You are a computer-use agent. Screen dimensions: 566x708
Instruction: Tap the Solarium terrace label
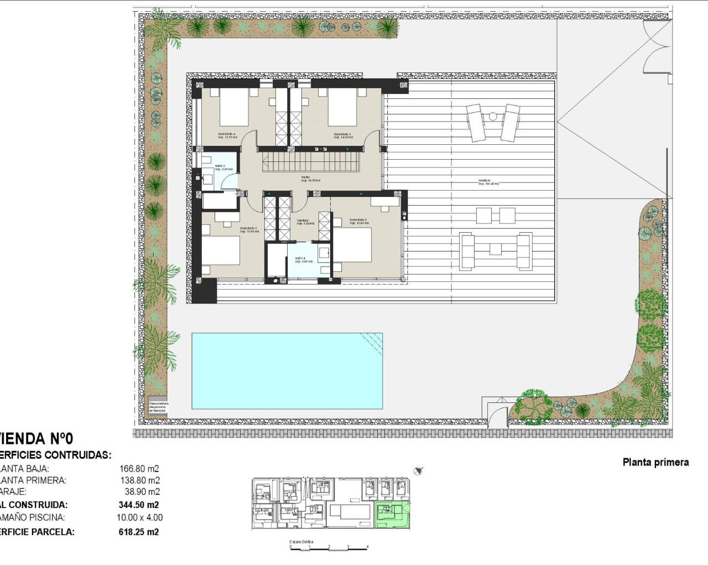488,182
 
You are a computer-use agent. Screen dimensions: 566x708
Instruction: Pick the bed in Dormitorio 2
352,245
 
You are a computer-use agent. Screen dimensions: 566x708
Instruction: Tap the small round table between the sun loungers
492,116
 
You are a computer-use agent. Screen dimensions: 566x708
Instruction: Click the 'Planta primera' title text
655,462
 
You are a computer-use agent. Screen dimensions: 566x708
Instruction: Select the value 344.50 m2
139,505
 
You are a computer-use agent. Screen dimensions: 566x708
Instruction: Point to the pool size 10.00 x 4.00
140,518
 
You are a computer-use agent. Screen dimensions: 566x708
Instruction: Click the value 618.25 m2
139,532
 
